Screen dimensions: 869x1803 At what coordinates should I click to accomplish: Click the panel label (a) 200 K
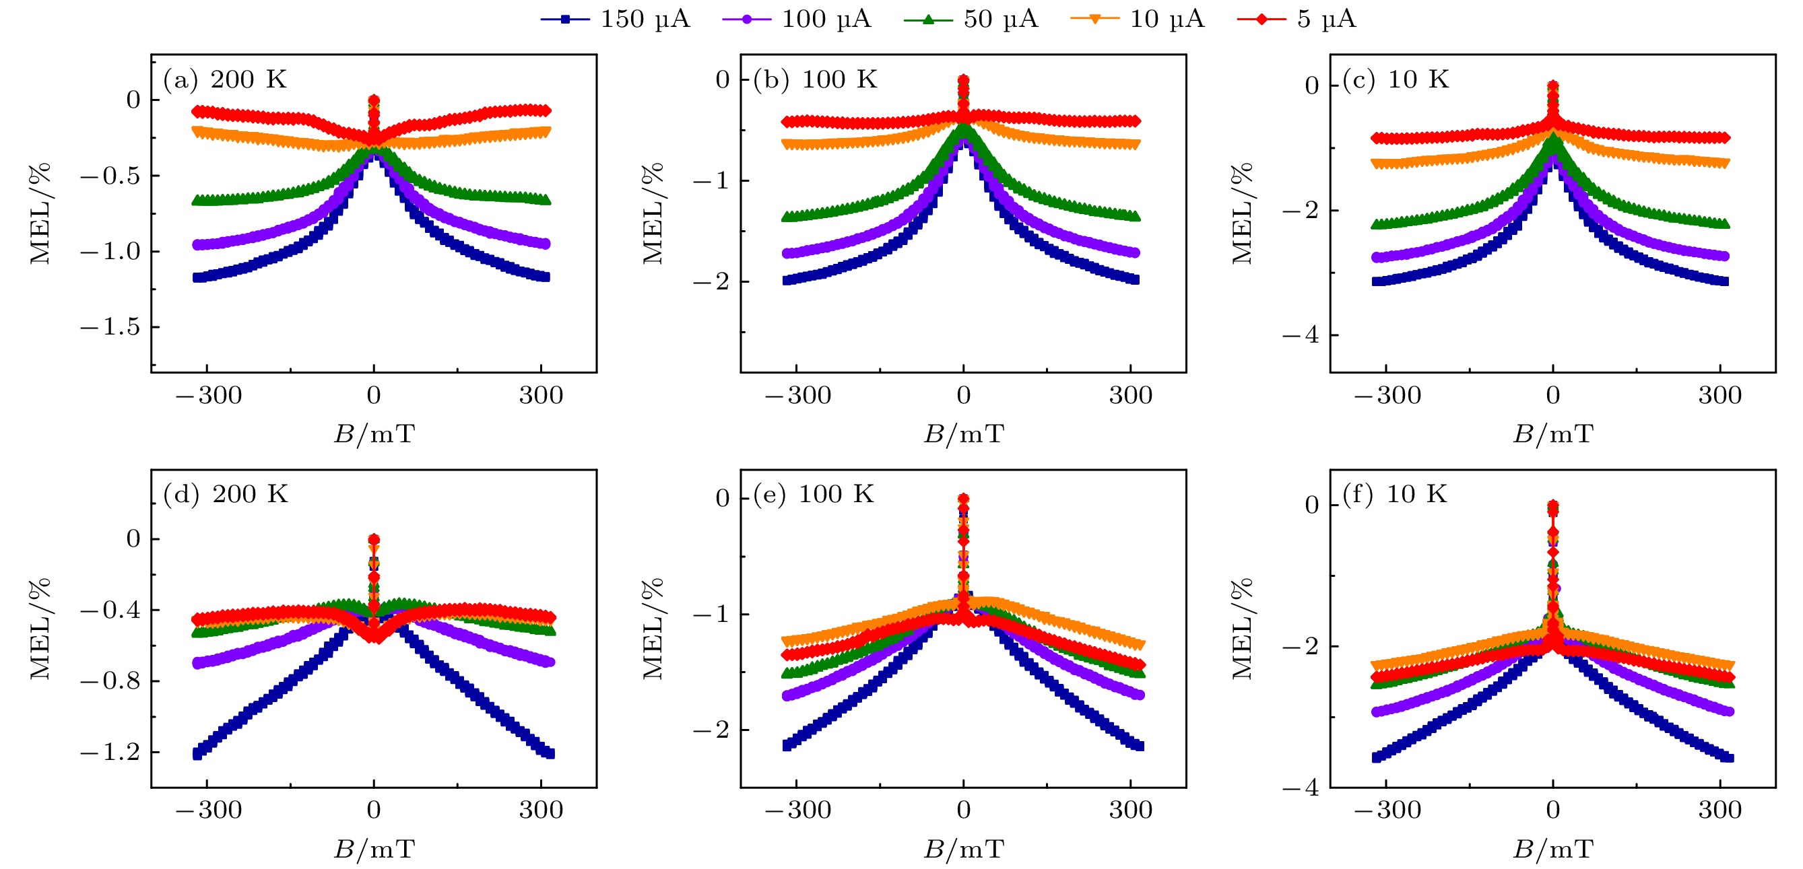[x=225, y=79]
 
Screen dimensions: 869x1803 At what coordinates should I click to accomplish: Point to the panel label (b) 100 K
[x=815, y=79]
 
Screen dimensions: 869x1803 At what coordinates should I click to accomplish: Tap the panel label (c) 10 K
[x=1396, y=79]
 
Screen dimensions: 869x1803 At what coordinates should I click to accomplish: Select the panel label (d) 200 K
[x=226, y=494]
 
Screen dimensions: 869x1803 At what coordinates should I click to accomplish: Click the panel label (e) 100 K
[x=814, y=494]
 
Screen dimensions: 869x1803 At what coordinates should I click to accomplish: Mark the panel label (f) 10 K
[x=1395, y=494]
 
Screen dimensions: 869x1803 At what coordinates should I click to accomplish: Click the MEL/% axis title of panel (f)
[x=1243, y=628]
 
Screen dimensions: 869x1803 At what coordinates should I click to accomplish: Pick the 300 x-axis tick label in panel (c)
[x=1719, y=395]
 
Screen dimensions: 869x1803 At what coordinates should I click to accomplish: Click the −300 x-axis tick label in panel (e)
[x=797, y=810]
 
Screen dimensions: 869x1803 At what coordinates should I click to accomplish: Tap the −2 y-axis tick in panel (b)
[x=712, y=281]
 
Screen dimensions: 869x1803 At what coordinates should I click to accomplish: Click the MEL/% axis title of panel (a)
[x=40, y=213]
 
